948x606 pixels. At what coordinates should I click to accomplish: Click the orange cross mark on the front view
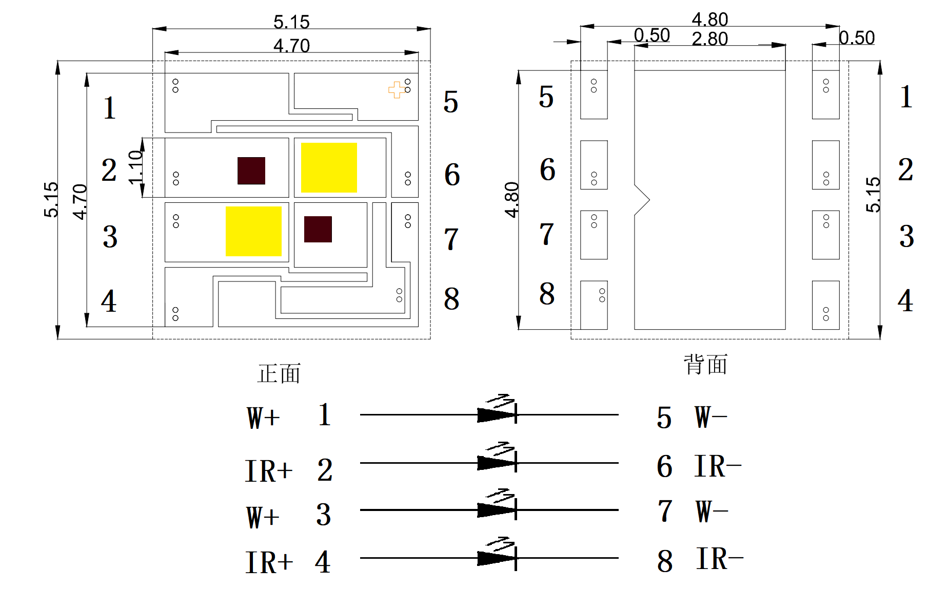(396, 90)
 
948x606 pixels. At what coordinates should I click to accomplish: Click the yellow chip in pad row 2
(329, 167)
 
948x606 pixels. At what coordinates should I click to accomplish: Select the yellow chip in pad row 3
(253, 231)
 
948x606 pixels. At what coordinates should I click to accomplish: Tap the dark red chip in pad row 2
(251, 171)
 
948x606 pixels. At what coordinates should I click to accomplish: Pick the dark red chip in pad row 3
(318, 229)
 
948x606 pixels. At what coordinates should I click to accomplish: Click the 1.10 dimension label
(135, 167)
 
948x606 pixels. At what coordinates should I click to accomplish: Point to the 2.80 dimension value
(709, 39)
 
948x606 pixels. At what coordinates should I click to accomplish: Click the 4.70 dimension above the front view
(291, 46)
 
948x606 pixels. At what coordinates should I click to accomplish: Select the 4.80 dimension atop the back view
(709, 20)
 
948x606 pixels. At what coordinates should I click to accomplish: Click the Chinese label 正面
(279, 373)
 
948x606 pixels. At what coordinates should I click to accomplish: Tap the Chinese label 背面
(706, 365)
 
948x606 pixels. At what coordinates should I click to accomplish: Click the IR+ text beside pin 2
(269, 471)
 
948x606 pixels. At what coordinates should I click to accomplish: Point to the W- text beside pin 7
(712, 512)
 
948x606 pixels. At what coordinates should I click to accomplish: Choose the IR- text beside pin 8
(719, 559)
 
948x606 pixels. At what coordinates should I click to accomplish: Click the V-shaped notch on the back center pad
(642, 200)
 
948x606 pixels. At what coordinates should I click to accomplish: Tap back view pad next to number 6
(594, 165)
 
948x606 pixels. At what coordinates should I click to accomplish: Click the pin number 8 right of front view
(451, 299)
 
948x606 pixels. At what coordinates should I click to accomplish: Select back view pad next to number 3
(825, 235)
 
